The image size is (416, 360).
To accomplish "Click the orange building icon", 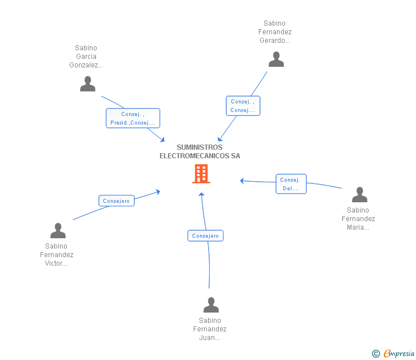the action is (x=201, y=174).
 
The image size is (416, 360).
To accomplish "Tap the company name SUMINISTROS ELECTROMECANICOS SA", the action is (x=200, y=151).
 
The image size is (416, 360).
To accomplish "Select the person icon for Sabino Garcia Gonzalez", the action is (x=87, y=84).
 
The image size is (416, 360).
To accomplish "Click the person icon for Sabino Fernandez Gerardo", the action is (x=276, y=59).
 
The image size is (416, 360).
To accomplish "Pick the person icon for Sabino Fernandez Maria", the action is (x=359, y=194).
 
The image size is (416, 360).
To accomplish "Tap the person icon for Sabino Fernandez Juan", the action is (x=211, y=305).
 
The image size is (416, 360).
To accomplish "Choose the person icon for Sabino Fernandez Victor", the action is (x=58, y=230).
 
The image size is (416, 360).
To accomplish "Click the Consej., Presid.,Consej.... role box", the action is (x=133, y=118).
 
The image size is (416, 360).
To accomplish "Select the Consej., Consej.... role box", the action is (x=243, y=106).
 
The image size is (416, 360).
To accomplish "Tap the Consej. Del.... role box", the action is (x=291, y=184).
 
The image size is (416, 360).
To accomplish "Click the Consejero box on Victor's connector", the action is (x=117, y=201).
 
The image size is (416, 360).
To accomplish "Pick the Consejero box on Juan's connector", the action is (x=205, y=235).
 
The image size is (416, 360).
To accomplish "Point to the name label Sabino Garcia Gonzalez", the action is (x=86, y=56).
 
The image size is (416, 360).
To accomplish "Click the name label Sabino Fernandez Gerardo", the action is (x=275, y=32).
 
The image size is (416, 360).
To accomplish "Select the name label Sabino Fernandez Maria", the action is (x=358, y=219).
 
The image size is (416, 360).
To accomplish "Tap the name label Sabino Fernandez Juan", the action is (x=210, y=329).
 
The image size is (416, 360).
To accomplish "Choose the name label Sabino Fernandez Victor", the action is (x=57, y=255).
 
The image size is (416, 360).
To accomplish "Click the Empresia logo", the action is (x=393, y=353).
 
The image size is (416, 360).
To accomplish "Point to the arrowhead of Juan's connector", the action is (x=202, y=194).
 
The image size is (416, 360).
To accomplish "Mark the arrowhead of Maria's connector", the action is (x=242, y=181).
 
